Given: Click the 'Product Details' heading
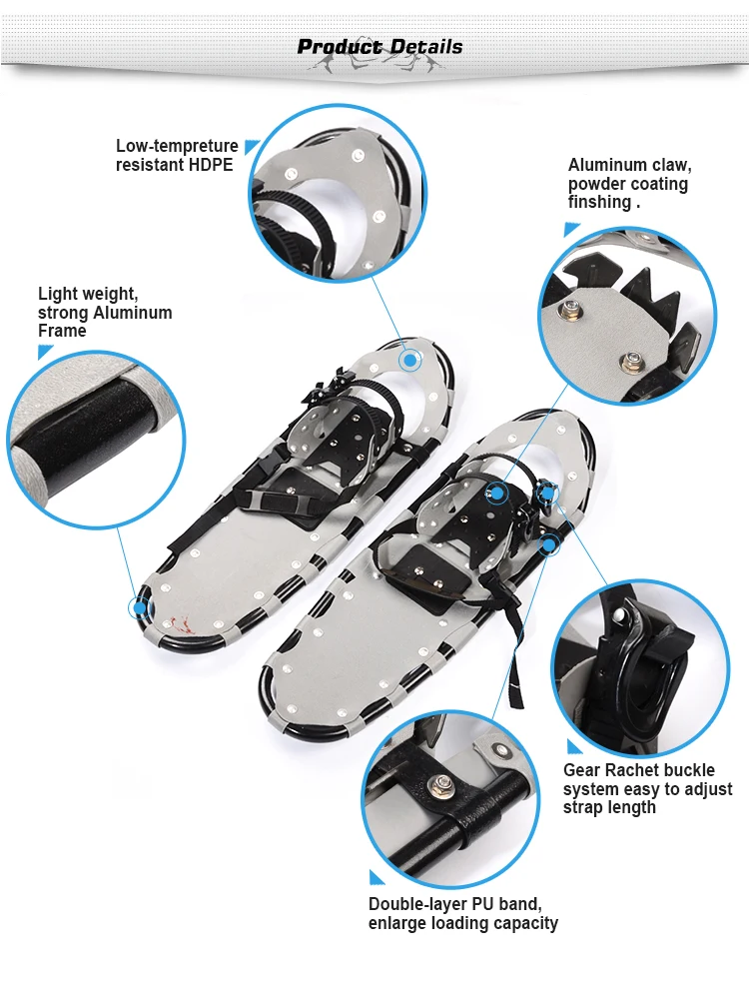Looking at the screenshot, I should point(379,46).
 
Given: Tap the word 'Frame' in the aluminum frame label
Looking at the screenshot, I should point(62,331).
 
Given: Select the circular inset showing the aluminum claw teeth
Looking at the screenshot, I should point(627,316).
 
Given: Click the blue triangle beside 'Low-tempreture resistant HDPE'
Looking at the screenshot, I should point(252,147).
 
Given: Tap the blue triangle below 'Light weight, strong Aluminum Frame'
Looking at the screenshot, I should point(45,352).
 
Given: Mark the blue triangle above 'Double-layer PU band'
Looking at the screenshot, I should point(376,877).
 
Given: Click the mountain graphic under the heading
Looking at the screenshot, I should point(374,63).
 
